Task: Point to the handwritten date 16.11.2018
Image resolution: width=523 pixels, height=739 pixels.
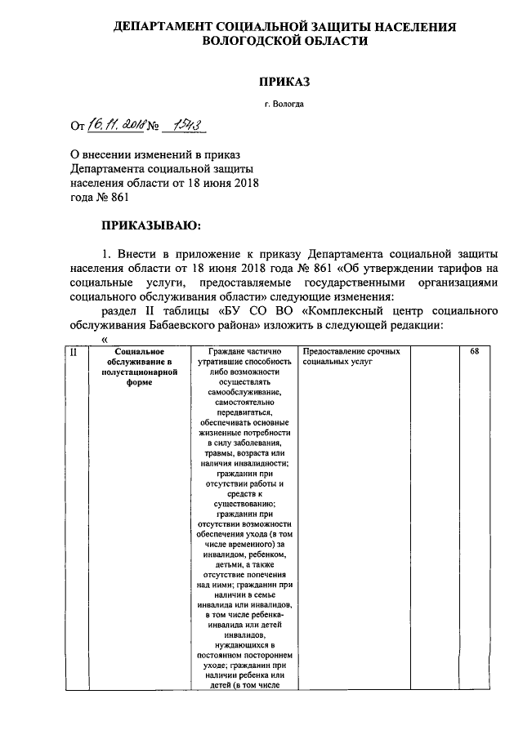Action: (x=115, y=125)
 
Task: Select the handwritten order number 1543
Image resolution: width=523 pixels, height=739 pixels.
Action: (x=183, y=124)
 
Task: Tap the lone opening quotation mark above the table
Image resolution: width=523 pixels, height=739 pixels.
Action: (x=104, y=339)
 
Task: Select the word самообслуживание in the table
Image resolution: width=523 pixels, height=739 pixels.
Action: (x=244, y=393)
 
